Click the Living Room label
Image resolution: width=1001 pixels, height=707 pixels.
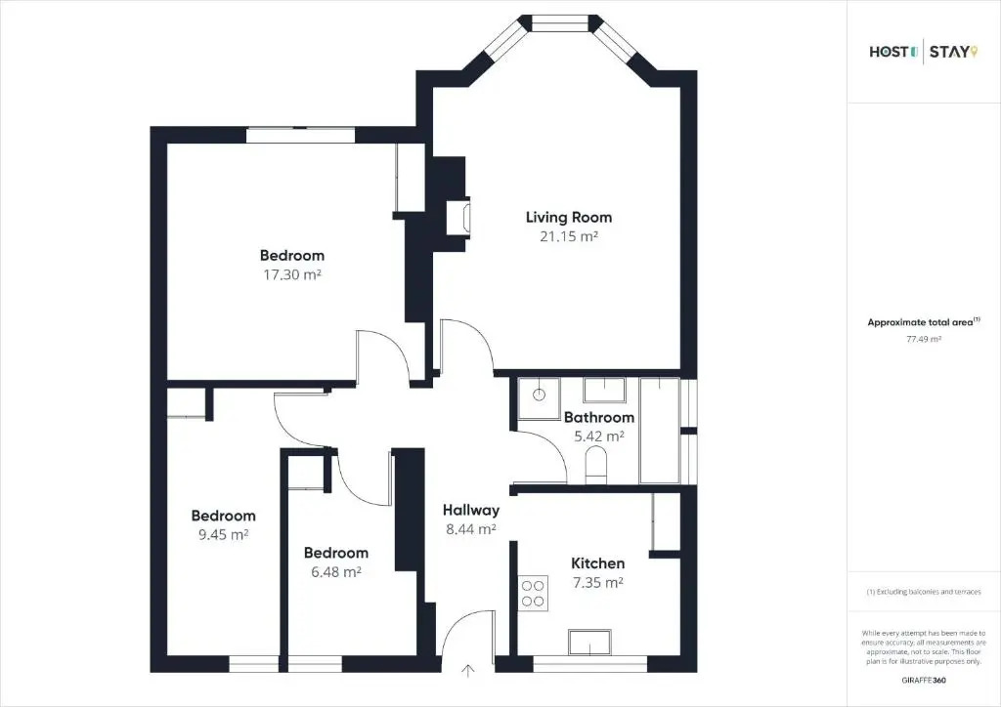click(x=569, y=218)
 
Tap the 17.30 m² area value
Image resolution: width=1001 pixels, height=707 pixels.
click(x=291, y=274)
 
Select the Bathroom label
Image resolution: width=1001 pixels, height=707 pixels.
click(x=599, y=418)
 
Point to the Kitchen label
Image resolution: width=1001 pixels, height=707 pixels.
click(x=597, y=563)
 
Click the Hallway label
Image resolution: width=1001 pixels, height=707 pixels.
click(x=471, y=510)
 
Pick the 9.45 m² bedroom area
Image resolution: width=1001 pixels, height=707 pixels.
click(x=223, y=535)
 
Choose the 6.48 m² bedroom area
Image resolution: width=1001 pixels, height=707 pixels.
click(x=336, y=572)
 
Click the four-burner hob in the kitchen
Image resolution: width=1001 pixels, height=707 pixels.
click(x=533, y=593)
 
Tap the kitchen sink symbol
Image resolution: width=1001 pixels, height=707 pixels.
click(x=589, y=642)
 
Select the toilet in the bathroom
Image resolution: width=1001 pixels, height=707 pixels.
click(x=597, y=463)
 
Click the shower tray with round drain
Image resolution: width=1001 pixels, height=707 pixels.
click(x=539, y=398)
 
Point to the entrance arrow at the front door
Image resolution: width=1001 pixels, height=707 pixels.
click(x=468, y=671)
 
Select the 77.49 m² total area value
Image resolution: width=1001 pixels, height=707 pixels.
click(x=924, y=339)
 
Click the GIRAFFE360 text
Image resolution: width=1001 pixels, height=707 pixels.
click(x=924, y=681)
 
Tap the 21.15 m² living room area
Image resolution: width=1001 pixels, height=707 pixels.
click(x=569, y=236)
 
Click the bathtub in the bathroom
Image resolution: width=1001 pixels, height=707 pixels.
click(x=660, y=431)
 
